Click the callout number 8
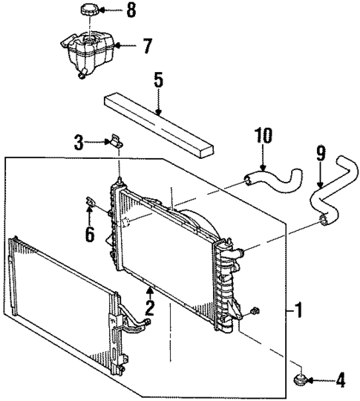[131, 11]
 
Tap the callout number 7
[148, 46]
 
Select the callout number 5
[158, 79]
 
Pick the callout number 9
[320, 154]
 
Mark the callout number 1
[298, 307]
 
